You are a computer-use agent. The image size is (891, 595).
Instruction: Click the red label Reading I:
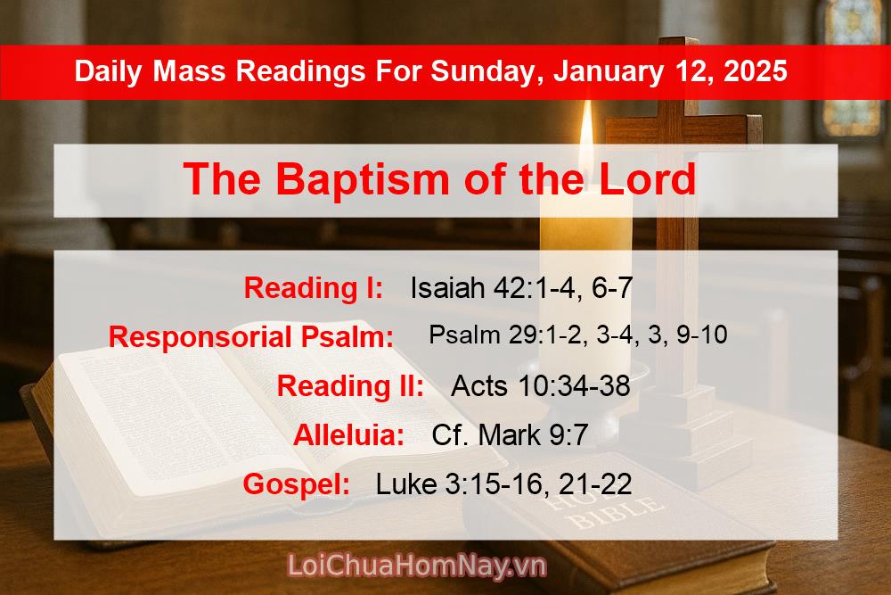click(x=314, y=288)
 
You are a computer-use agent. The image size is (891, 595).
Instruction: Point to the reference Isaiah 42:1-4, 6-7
click(x=521, y=288)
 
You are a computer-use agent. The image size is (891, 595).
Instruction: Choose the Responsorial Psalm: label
click(x=251, y=337)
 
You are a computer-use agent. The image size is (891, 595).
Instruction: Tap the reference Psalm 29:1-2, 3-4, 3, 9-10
click(x=577, y=335)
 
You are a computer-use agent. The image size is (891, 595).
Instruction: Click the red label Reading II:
click(x=350, y=386)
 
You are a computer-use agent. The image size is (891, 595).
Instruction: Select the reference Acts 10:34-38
click(x=540, y=386)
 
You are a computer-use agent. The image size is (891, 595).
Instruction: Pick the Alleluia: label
click(x=348, y=435)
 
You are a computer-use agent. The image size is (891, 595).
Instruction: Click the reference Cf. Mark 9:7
click(x=510, y=435)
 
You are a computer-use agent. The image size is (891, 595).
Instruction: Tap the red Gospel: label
click(x=296, y=484)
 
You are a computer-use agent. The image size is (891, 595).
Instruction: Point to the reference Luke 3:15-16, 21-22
click(x=503, y=484)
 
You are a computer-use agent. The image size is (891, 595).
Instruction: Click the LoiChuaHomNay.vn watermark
click(x=417, y=566)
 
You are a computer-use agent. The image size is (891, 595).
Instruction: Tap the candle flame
click(x=585, y=134)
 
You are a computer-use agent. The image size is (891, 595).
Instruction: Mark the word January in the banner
click(x=608, y=71)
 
